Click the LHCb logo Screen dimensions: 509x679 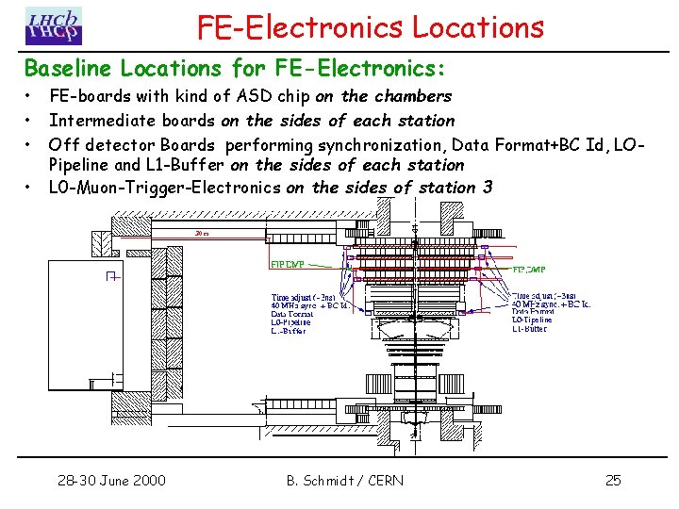[x=54, y=26]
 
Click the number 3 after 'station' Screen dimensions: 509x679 [x=487, y=187]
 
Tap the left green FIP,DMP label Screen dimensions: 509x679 [x=289, y=266]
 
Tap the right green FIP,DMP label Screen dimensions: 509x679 [x=529, y=269]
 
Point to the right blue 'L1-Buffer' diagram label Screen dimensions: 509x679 [x=530, y=329]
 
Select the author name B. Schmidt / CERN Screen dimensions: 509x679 [x=344, y=481]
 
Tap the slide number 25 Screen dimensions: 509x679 [x=613, y=481]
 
